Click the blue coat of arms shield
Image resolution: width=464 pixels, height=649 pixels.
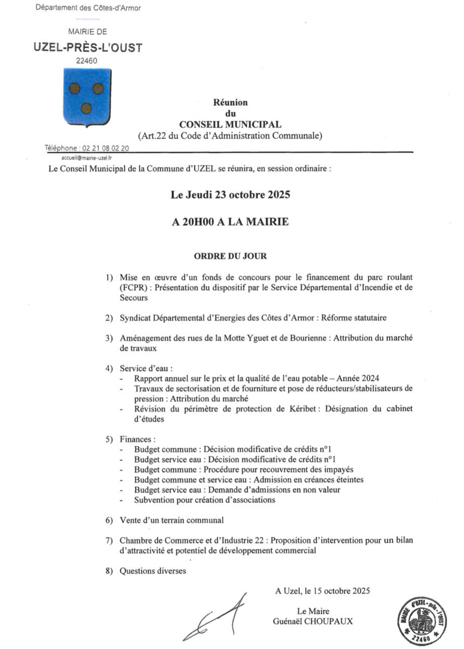[86, 96]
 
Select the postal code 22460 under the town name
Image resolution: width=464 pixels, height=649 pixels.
[86, 61]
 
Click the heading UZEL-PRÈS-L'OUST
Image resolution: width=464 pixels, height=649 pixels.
[88, 48]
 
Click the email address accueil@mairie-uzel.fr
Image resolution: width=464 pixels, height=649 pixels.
[86, 158]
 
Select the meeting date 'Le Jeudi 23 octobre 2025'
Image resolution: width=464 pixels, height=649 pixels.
[231, 195]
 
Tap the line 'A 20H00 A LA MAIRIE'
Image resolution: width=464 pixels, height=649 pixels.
[231, 222]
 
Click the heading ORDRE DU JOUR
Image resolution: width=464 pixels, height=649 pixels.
[231, 255]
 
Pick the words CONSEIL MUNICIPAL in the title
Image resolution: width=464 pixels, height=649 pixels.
[230, 124]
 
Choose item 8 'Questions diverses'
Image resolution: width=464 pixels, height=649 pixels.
[152, 571]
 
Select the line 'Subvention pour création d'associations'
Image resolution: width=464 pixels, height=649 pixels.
[205, 500]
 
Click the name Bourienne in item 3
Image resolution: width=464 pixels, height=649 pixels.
[306, 339]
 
